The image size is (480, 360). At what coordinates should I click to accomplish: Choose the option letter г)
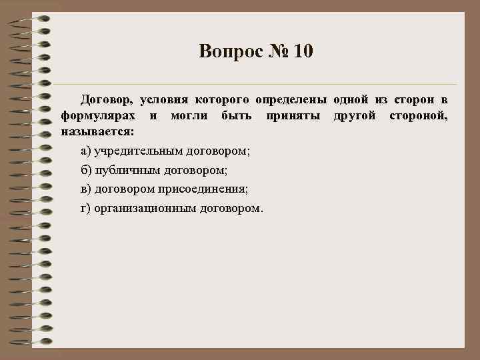pyautogui.click(x=85, y=209)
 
